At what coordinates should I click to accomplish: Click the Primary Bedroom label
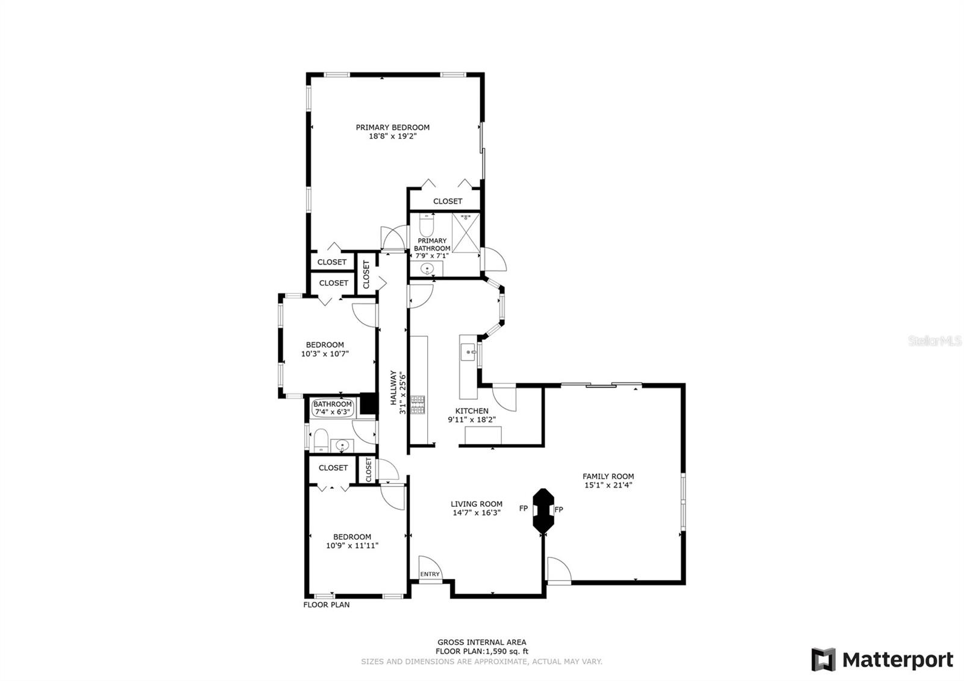click(392, 127)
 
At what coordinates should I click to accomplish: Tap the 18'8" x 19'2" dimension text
click(393, 136)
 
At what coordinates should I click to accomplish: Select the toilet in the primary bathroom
click(426, 226)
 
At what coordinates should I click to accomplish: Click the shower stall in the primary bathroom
click(466, 232)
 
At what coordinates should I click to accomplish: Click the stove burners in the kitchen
click(418, 404)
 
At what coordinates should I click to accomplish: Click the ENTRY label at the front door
click(430, 574)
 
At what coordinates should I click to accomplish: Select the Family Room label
click(608, 476)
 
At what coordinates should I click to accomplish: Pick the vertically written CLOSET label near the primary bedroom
click(366, 274)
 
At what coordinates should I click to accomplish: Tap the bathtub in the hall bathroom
click(333, 408)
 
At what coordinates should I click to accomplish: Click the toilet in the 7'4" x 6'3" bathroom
click(321, 441)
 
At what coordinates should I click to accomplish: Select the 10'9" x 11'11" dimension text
click(352, 545)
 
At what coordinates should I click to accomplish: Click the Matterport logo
click(882, 659)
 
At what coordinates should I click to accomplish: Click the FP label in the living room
click(524, 509)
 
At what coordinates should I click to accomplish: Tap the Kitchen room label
click(472, 411)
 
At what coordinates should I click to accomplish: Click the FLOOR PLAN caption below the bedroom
click(326, 604)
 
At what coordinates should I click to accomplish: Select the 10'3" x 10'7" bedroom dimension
click(325, 354)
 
